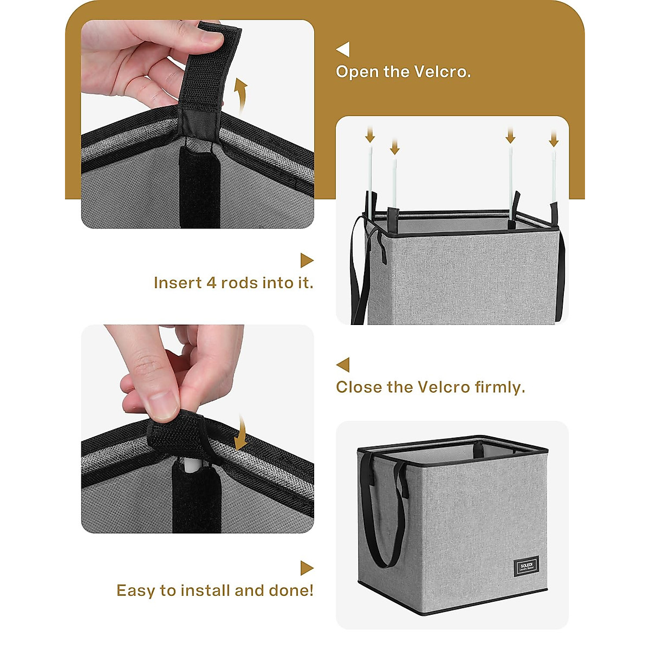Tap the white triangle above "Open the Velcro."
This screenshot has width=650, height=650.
point(343,49)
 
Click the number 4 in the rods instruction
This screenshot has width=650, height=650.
point(211,283)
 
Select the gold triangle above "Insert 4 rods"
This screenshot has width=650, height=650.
point(307,261)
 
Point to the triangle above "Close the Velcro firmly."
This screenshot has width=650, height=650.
point(343,365)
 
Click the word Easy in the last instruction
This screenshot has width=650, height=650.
point(135,590)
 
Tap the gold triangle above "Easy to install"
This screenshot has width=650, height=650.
point(307,568)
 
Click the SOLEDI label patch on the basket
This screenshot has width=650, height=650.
point(526,566)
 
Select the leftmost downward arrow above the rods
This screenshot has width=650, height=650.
point(370,134)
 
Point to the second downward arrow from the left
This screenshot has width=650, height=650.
point(395,146)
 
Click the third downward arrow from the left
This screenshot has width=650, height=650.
point(510,135)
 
